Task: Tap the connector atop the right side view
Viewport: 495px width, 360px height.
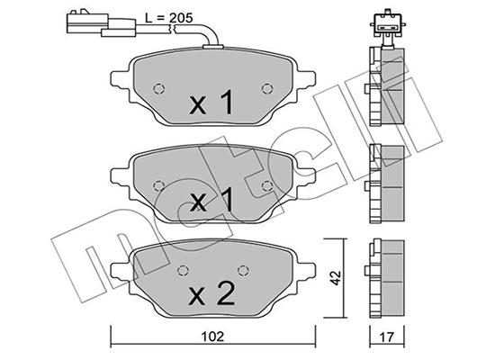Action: (386, 25)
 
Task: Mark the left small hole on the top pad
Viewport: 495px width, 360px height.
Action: (159, 89)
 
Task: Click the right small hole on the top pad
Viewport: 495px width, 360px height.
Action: (266, 88)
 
